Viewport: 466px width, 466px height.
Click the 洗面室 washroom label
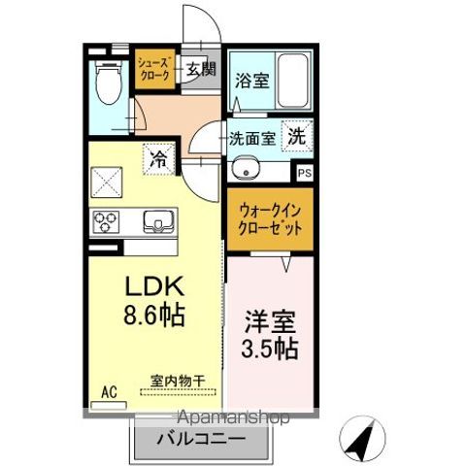point(251,138)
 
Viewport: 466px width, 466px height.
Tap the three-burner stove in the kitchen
point(106,222)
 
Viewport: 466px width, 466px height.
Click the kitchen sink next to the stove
point(158,222)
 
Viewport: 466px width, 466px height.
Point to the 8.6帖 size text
point(146,316)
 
